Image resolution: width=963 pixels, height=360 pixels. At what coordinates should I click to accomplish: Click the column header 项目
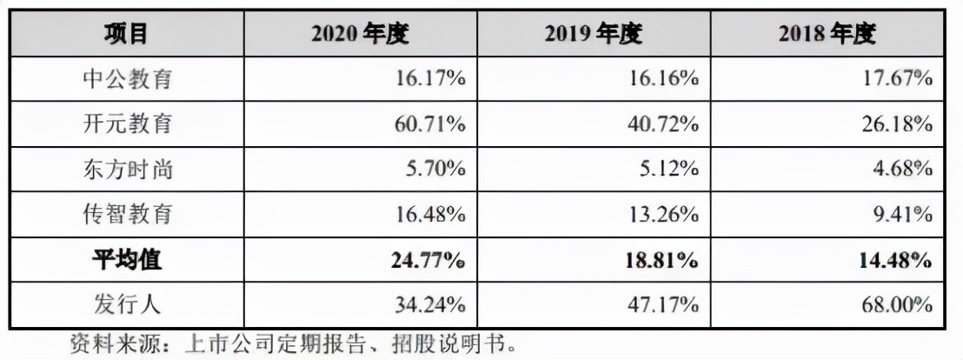[x=126, y=34]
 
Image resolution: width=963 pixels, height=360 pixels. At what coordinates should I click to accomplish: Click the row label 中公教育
[x=127, y=79]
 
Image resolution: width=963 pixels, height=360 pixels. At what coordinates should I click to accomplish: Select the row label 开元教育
[x=127, y=123]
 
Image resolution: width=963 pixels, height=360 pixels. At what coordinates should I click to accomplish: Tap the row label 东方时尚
[x=127, y=169]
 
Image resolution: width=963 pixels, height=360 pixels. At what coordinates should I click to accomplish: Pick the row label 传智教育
[x=127, y=214]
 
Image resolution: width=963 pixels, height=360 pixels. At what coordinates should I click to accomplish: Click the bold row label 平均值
[x=127, y=259]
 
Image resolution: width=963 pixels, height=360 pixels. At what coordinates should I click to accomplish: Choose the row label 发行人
[x=127, y=304]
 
